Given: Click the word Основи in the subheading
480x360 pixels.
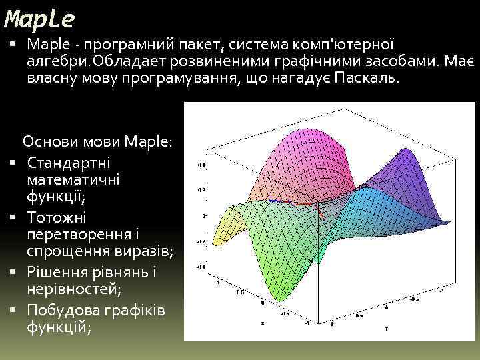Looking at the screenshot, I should (49, 142).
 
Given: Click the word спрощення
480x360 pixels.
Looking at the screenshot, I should (61, 252).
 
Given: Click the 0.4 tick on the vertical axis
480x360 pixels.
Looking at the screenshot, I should (201, 164).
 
